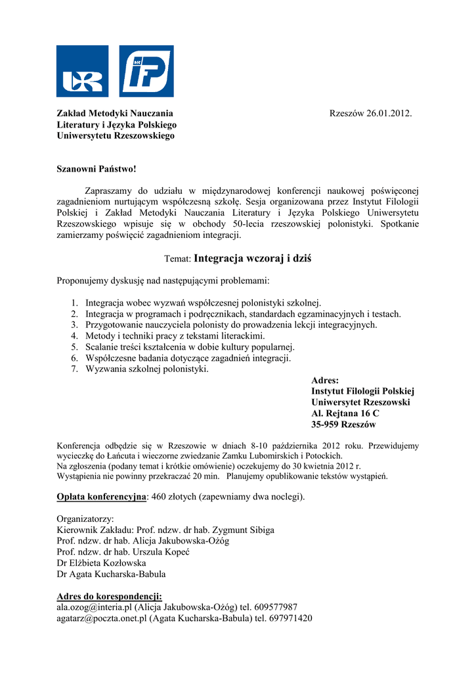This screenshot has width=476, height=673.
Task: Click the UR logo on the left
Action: pyautogui.click(x=82, y=71)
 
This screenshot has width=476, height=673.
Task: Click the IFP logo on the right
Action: pyautogui.click(x=146, y=71)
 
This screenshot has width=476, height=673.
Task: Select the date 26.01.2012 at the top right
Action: pyautogui.click(x=389, y=114)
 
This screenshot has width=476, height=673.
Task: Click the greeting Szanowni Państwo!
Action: pyautogui.click(x=97, y=170)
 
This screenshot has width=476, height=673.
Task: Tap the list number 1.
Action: pyautogui.click(x=74, y=303)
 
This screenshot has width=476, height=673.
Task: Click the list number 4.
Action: pyautogui.click(x=74, y=336)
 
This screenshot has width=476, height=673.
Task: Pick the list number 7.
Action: pyautogui.click(x=74, y=369)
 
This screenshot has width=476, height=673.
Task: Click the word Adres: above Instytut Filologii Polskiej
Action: pyautogui.click(x=325, y=380)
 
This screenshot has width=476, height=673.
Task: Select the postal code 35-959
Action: pyautogui.click(x=327, y=425)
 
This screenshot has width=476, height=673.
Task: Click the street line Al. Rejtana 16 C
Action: pyautogui.click(x=345, y=413)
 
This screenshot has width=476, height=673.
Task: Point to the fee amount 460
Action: pyautogui.click(x=160, y=496)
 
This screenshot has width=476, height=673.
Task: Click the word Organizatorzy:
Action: pyautogui.click(x=85, y=519)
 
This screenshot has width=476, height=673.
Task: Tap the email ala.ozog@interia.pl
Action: pyautogui.click(x=95, y=607)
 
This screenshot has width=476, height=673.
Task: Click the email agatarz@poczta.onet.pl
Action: pyautogui.click(x=101, y=618)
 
